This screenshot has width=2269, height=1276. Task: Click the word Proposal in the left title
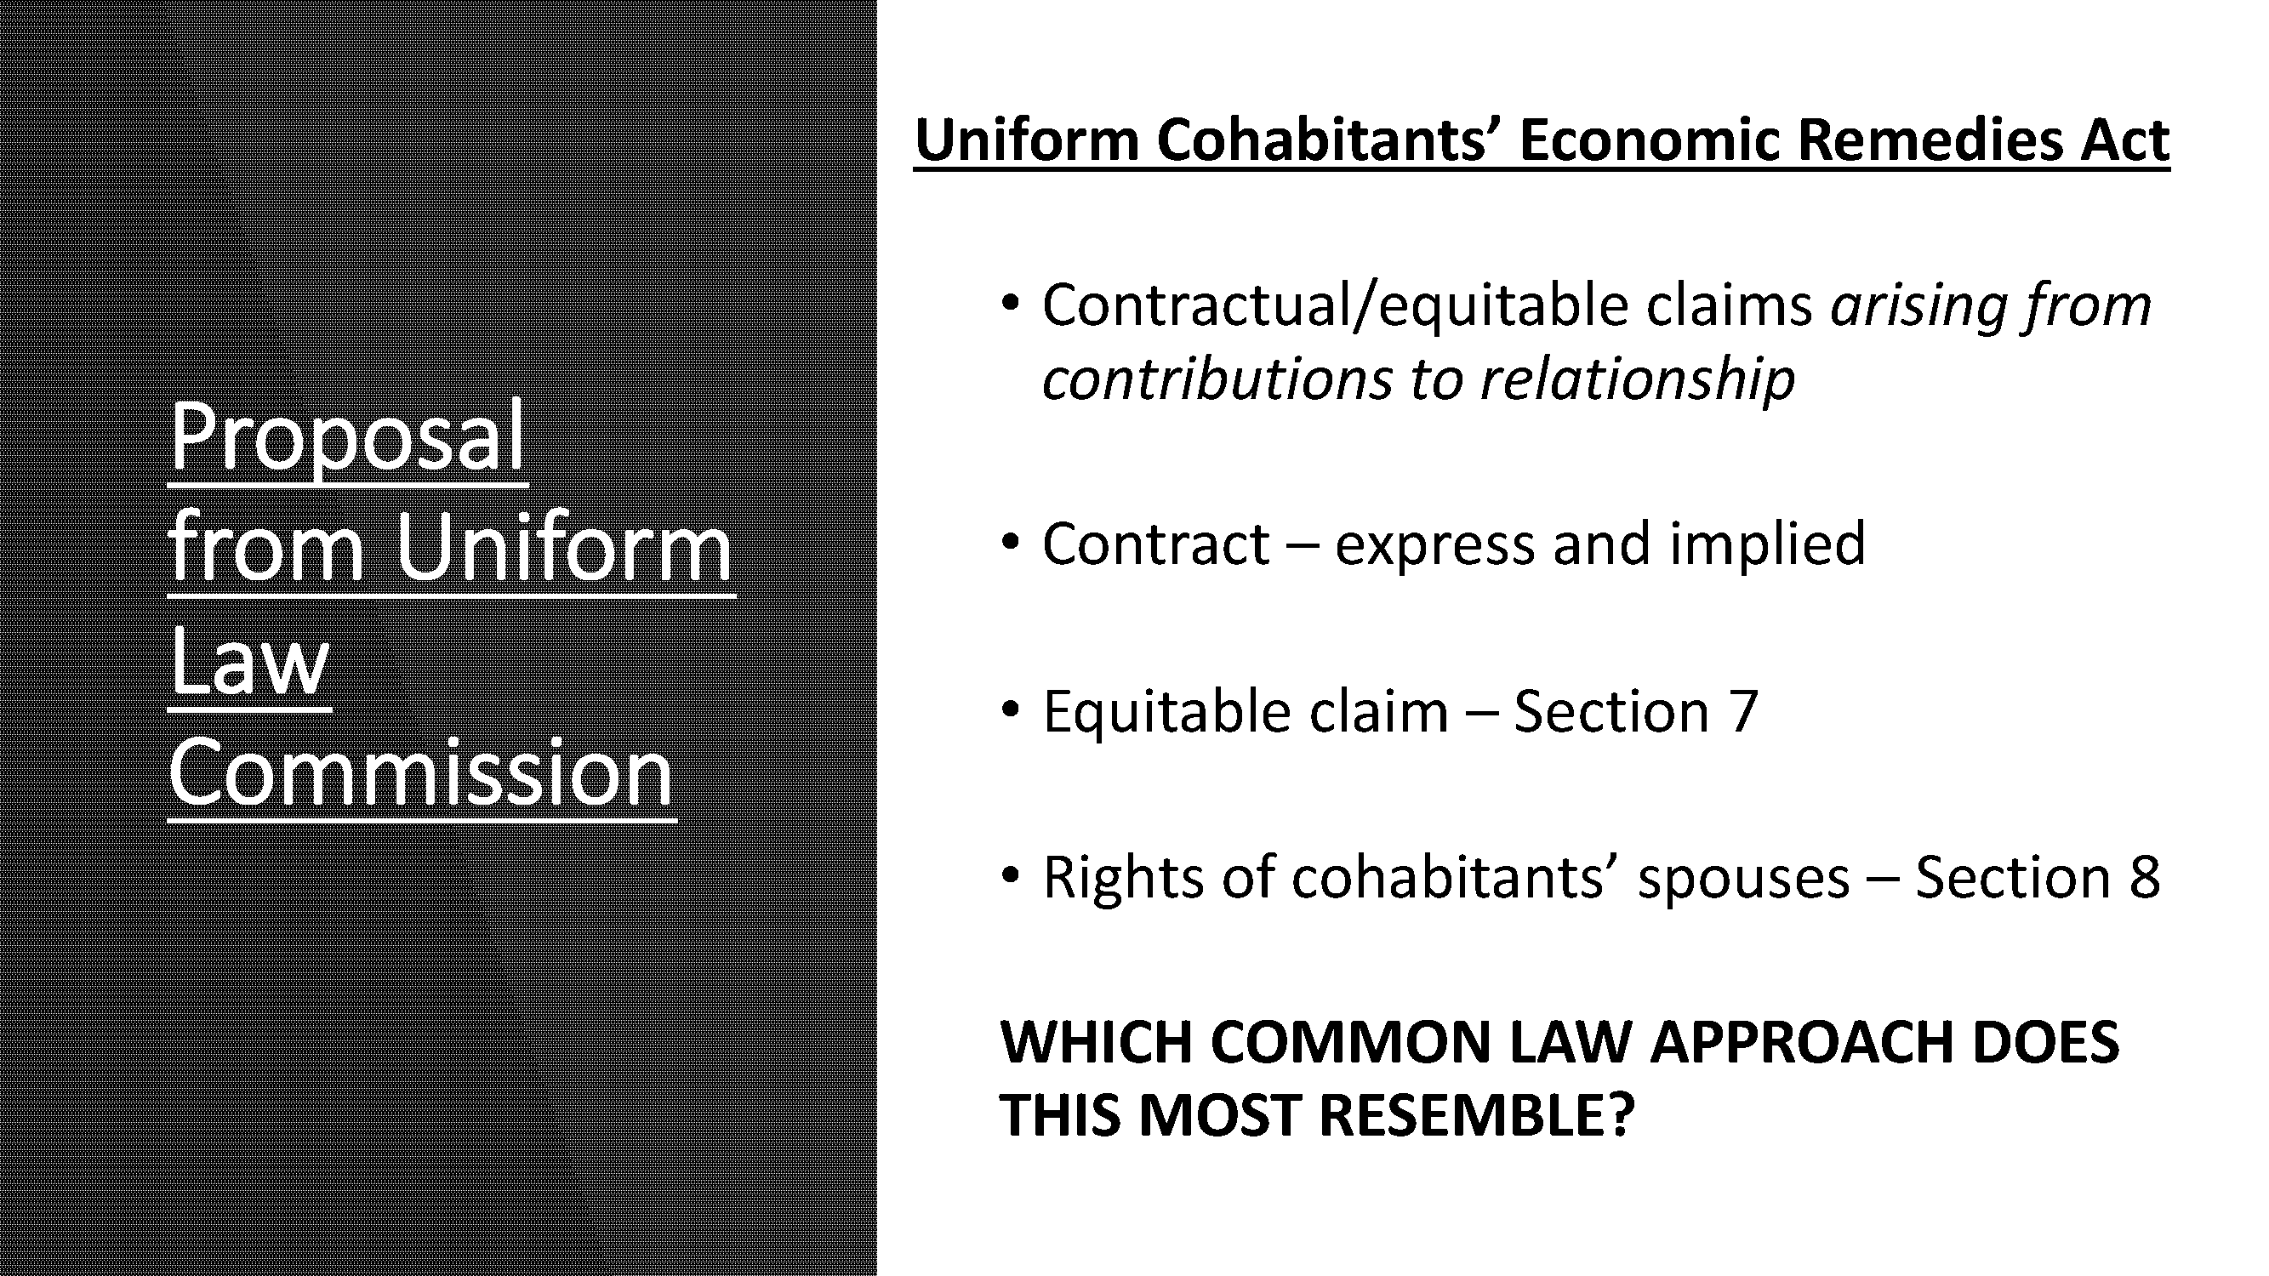coord(347,436)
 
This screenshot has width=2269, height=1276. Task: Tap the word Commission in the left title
coord(421,772)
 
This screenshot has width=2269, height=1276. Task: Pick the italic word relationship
coord(1638,379)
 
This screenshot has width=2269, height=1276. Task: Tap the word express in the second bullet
coord(1435,544)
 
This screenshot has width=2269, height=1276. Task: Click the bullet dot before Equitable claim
coord(1011,709)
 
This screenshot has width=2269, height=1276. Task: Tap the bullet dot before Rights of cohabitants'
coord(1011,875)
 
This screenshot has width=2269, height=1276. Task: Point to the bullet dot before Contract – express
coord(1011,542)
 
